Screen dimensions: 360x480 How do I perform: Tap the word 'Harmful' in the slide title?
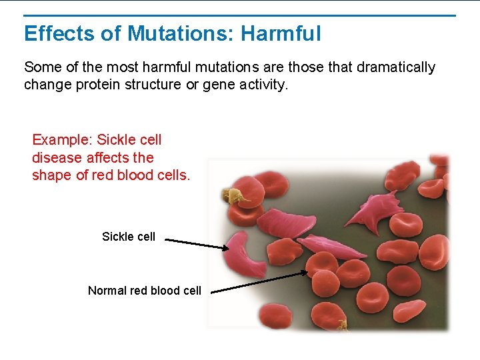tap(281, 33)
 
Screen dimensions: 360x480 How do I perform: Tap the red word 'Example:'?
tap(62, 140)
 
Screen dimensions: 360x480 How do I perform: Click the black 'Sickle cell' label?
tap(128, 237)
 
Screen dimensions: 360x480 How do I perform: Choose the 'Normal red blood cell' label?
tap(144, 291)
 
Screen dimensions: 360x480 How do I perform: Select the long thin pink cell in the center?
tap(330, 248)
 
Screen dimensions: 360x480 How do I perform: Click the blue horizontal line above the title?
tap(239, 15)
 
